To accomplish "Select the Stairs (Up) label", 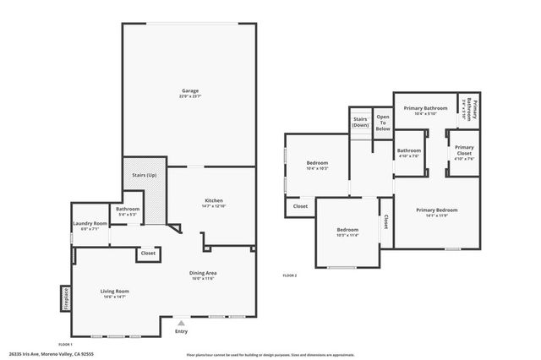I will pos(145,175).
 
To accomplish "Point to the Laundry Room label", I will pos(89,226).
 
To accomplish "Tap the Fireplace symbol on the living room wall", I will pos(64,298).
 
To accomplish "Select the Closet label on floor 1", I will pos(148,253).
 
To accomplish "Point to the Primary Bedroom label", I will pos(436,212).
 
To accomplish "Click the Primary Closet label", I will pos(464,150).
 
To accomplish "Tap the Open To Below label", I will pos(383,123).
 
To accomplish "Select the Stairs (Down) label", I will pos(360,123).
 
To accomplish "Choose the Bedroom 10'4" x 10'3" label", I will pos(317,165).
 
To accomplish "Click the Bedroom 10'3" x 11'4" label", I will pos(347,232).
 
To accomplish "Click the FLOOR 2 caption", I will pos(290,275).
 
